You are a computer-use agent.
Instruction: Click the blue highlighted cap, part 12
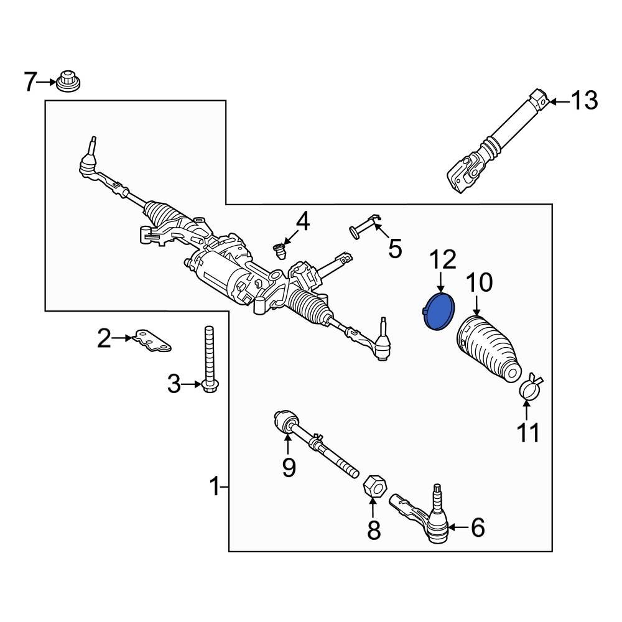(x=439, y=311)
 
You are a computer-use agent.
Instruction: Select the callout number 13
(x=584, y=100)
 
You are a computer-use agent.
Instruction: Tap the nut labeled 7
(x=67, y=81)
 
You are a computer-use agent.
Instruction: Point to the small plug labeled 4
(x=281, y=251)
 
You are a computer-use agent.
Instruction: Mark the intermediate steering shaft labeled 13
(x=498, y=143)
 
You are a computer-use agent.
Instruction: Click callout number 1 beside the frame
(x=215, y=486)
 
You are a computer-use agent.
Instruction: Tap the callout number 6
(x=477, y=528)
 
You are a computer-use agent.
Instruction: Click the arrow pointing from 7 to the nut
(x=47, y=81)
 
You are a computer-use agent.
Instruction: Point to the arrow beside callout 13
(x=558, y=100)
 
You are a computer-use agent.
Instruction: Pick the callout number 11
(x=529, y=432)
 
